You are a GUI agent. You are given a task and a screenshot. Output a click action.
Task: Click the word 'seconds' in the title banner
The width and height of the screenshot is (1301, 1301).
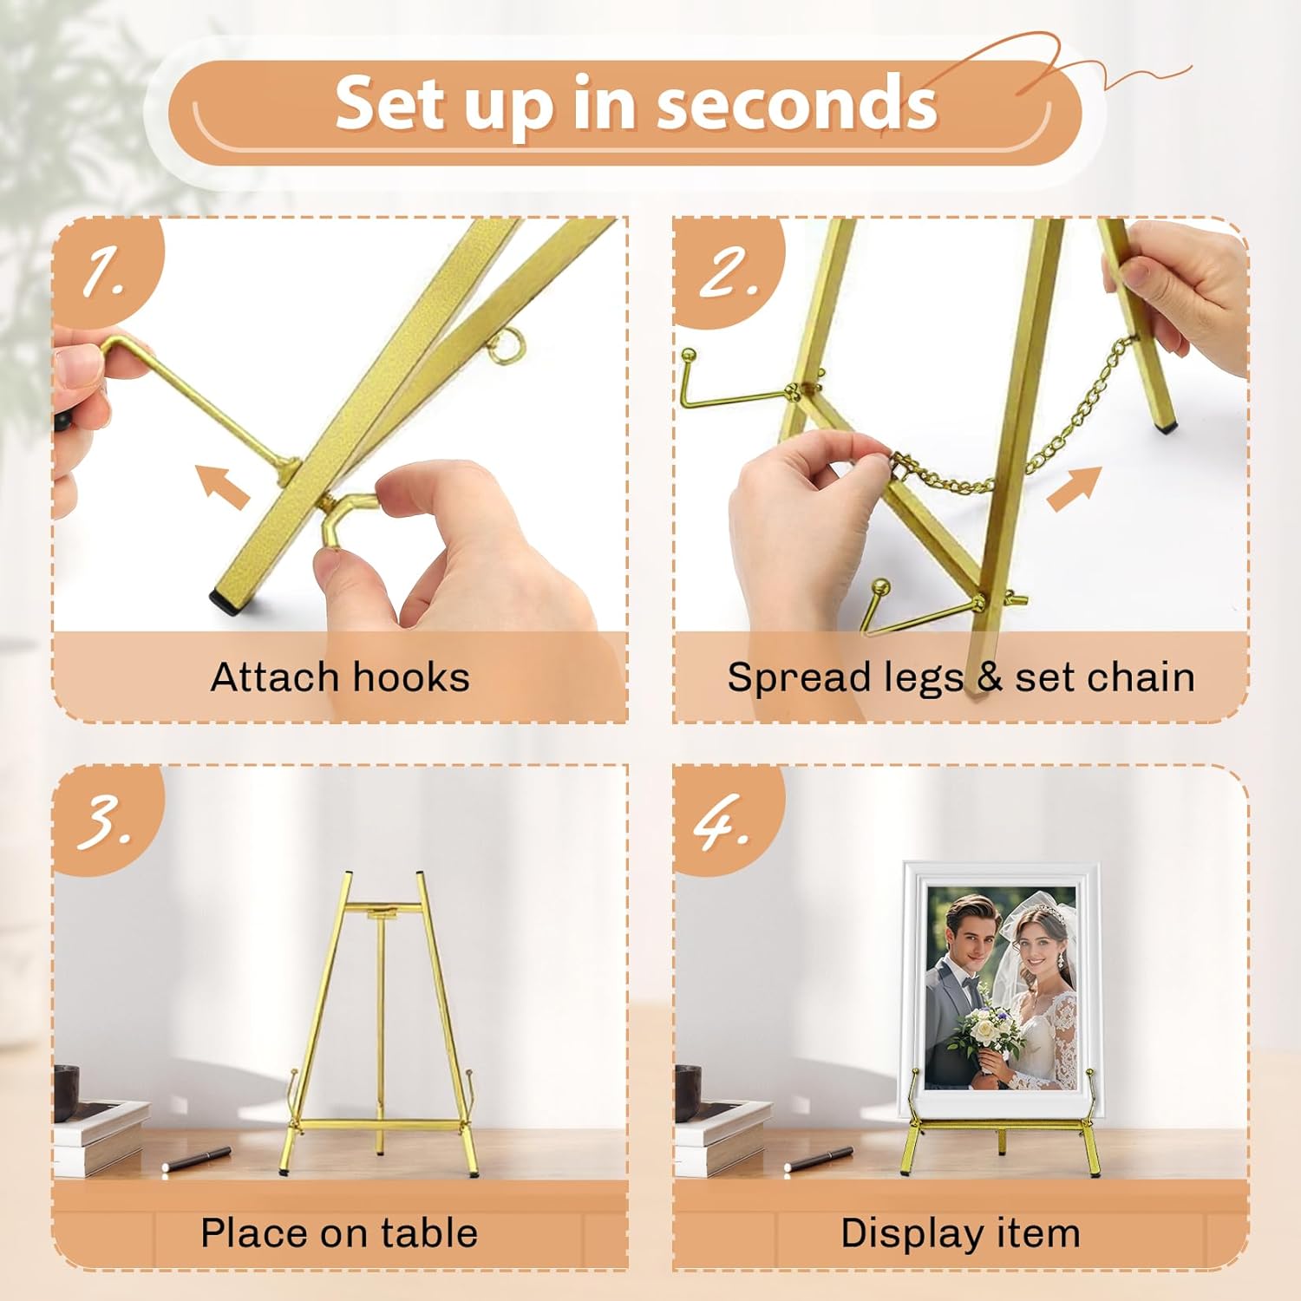click(x=796, y=104)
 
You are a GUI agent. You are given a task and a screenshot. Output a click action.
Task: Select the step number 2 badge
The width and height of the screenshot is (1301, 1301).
click(x=727, y=271)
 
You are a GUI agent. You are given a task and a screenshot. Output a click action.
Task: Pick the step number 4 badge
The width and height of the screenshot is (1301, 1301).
click(x=727, y=819)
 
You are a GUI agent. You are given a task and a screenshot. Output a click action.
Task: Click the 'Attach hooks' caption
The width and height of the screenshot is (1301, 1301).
click(x=340, y=677)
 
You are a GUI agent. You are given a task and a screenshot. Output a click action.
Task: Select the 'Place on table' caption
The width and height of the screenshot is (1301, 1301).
click(x=339, y=1232)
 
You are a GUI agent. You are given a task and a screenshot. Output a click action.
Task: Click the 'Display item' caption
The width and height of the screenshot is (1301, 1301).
click(x=960, y=1233)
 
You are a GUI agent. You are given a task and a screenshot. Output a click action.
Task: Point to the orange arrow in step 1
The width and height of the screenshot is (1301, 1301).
click(x=223, y=486)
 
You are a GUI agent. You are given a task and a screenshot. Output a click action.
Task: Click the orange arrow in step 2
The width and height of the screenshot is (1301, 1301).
click(x=1074, y=488)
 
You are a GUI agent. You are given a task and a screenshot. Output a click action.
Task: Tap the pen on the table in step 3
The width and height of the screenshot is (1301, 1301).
click(x=197, y=1159)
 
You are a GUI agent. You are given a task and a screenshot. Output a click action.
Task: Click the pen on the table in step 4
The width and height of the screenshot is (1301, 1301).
click(x=819, y=1159)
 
